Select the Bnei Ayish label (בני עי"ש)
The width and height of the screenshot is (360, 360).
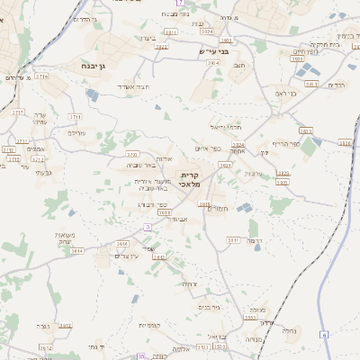tap(214, 50)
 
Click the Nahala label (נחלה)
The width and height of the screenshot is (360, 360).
tap(289, 330)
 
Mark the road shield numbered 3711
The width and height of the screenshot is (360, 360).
tap(75, 116)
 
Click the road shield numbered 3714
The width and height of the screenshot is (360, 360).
tap(41, 76)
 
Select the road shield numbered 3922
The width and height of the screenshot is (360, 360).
tap(161, 46)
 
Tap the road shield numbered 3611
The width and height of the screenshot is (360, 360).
tap(204, 205)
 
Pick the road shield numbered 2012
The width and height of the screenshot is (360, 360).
tap(65, 324)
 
